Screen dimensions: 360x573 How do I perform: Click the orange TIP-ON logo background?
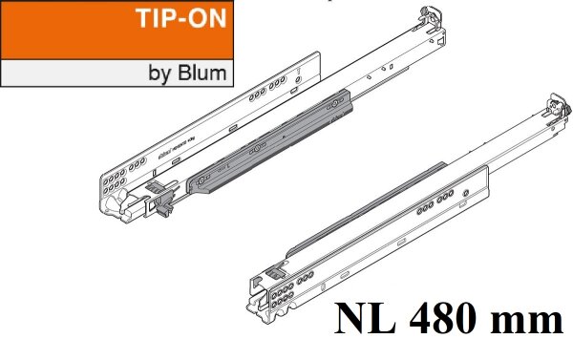pos(57,29)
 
